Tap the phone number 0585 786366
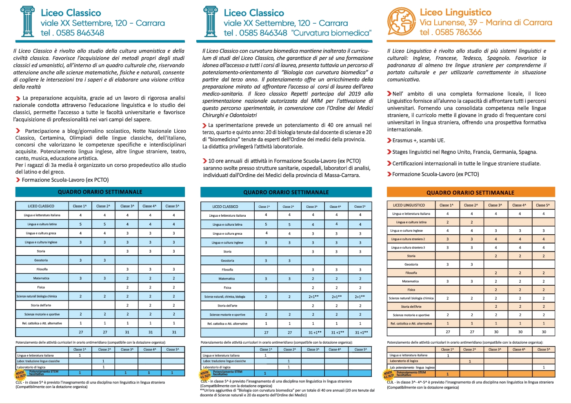click(458, 32)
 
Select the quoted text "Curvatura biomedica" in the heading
click(331, 33)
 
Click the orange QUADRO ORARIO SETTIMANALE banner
click(470, 193)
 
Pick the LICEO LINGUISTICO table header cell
click(409, 205)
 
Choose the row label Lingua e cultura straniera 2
click(408, 239)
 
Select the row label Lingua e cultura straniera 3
click(408, 247)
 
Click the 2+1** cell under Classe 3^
click(313, 297)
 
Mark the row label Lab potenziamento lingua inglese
click(412, 368)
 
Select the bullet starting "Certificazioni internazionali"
click(466, 164)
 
